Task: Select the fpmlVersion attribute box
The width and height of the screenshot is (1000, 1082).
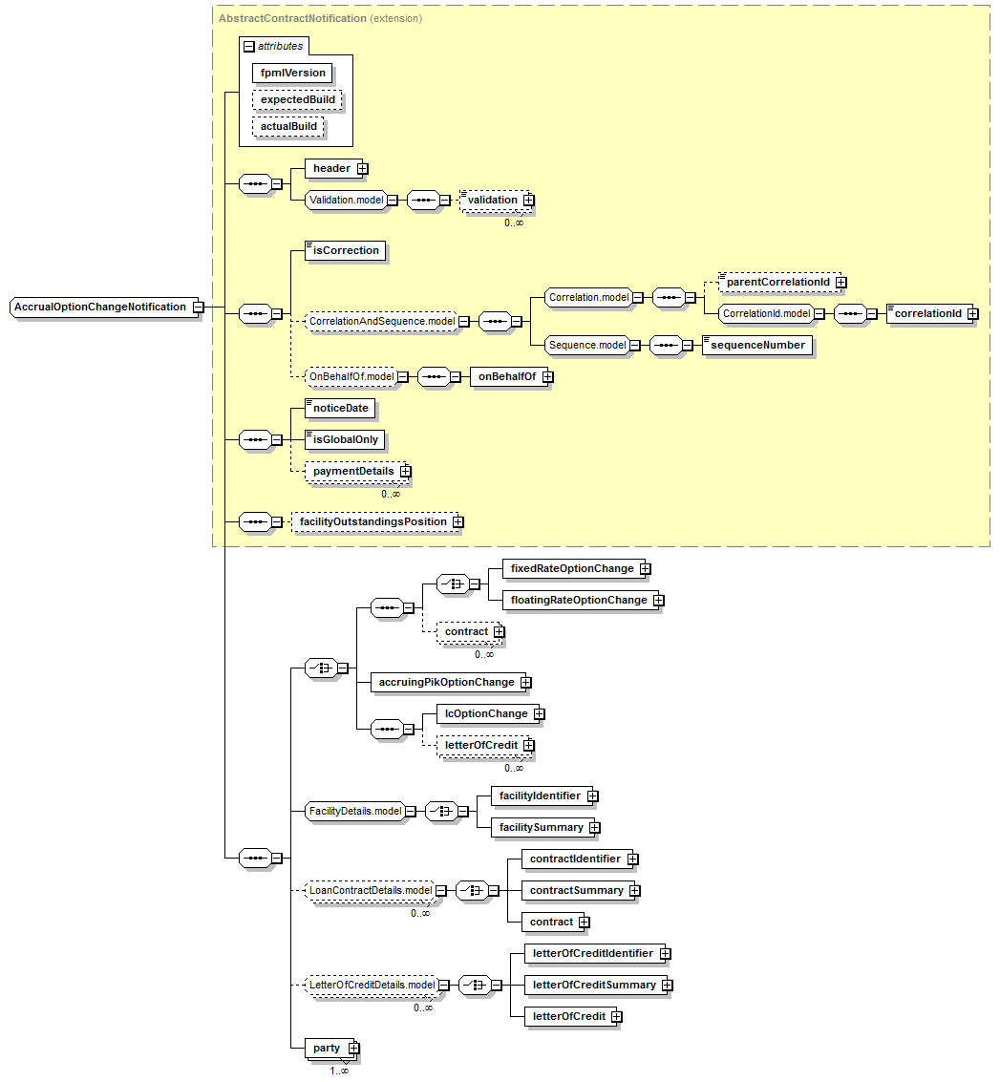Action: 292,74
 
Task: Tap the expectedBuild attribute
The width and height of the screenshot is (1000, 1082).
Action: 297,100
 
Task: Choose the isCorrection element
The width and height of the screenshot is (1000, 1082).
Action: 345,250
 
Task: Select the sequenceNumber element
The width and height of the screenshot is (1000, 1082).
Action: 757,345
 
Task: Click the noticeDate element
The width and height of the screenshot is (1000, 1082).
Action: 340,409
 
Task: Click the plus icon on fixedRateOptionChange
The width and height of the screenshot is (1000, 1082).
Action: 646,568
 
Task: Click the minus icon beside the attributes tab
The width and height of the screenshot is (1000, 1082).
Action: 249,47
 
